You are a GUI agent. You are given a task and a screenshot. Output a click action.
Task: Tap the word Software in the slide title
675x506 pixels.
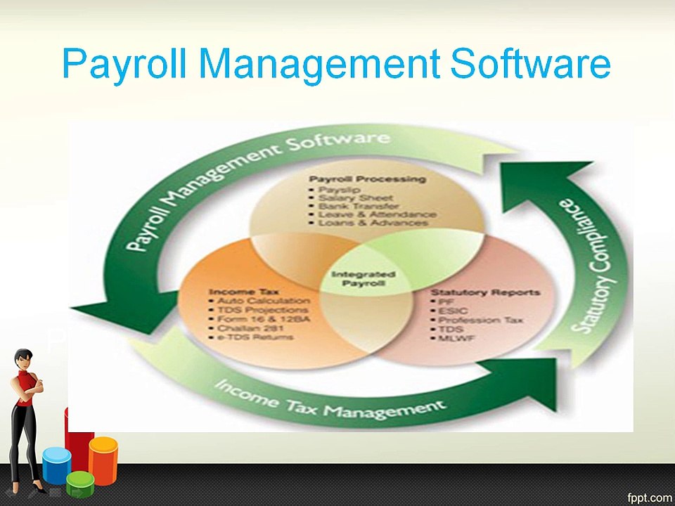click(530, 64)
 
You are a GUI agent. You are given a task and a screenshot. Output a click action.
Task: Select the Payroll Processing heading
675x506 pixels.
click(368, 179)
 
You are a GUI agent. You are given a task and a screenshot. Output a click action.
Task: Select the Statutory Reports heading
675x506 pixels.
click(485, 292)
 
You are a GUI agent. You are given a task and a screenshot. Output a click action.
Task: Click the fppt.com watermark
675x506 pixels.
click(648, 495)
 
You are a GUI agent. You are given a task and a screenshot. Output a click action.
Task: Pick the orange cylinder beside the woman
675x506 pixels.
click(103, 460)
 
